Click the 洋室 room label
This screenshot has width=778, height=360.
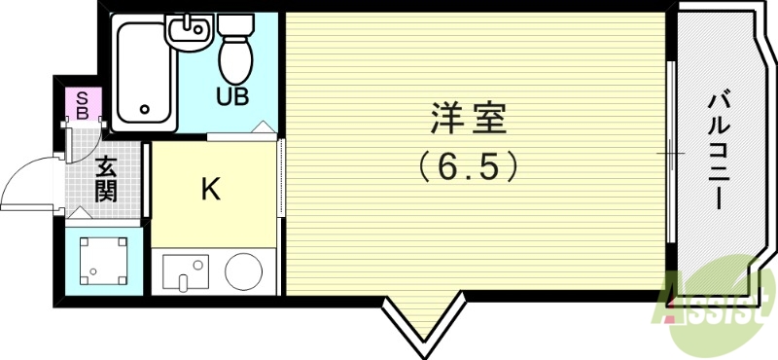[470, 124]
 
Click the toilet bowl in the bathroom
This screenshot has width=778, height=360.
[234, 60]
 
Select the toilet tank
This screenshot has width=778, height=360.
[234, 24]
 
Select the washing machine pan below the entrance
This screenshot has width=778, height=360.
[102, 260]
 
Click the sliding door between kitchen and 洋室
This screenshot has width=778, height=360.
[281, 185]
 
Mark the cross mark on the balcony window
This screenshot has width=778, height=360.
[671, 154]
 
